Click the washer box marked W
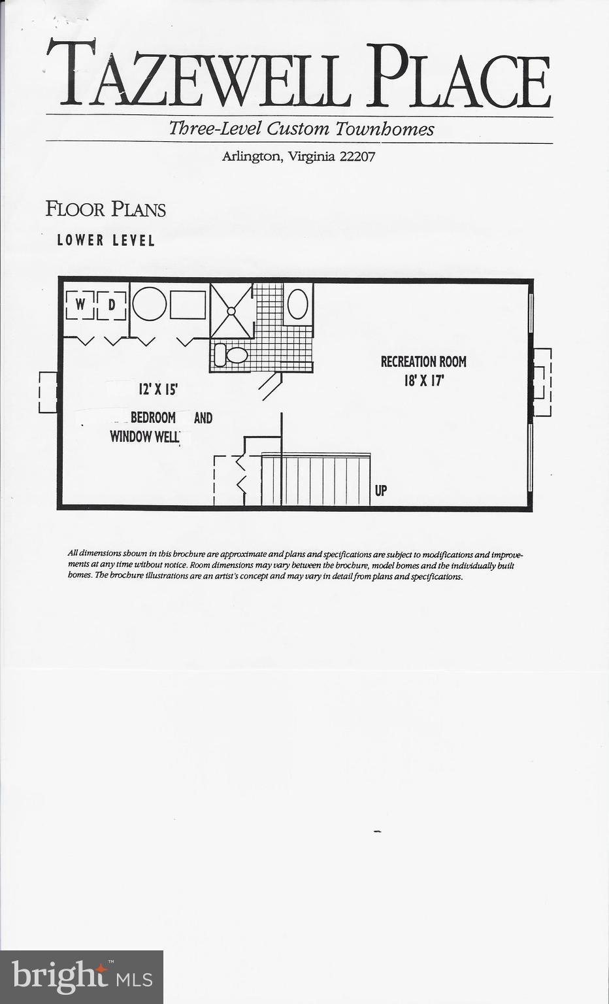(x=80, y=305)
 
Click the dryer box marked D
(x=112, y=305)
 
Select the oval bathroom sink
(x=297, y=304)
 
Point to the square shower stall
(x=231, y=310)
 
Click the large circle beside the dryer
(x=150, y=304)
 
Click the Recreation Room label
(x=423, y=361)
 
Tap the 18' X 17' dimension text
(x=423, y=380)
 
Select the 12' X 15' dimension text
(x=158, y=390)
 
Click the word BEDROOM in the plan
(x=153, y=418)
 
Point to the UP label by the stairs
(x=381, y=490)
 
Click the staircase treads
(x=316, y=480)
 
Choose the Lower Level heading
(x=106, y=241)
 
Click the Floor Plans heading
(x=105, y=209)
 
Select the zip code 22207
(x=357, y=157)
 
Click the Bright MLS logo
(x=82, y=977)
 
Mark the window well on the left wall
(x=48, y=392)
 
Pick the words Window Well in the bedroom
(x=144, y=437)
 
